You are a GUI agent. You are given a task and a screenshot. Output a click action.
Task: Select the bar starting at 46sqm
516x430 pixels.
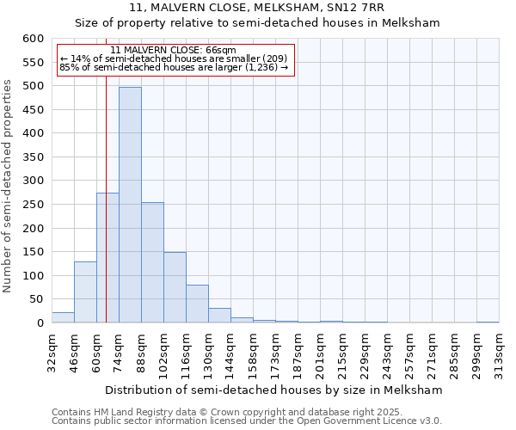click(85, 292)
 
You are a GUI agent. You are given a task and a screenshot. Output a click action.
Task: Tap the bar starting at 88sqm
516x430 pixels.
click(152, 262)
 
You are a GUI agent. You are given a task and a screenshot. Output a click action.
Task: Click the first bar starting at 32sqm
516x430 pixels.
click(63, 317)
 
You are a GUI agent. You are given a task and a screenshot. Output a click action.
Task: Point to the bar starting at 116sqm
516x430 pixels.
click(197, 304)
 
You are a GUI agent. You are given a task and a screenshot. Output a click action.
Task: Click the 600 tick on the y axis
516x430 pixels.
click(32, 39)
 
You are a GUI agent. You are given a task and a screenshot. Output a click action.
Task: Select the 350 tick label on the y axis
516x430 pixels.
click(32, 157)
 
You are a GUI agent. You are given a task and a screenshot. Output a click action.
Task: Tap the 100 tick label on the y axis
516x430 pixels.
click(32, 276)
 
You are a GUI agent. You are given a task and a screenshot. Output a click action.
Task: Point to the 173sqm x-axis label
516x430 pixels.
click(275, 352)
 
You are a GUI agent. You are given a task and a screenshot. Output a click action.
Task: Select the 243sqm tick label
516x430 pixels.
click(387, 352)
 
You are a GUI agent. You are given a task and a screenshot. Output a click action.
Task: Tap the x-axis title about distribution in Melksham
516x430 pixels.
click(275, 390)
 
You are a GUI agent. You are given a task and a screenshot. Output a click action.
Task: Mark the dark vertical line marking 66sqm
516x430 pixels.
click(106, 215)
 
